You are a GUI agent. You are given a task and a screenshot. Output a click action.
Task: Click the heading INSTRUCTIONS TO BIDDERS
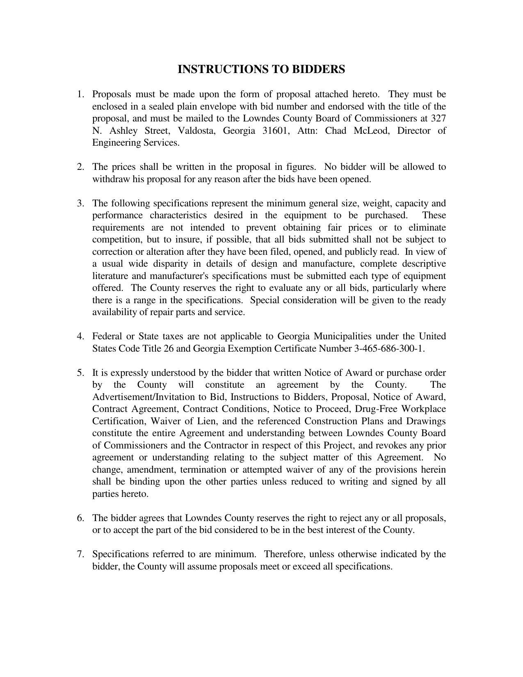(x=261, y=69)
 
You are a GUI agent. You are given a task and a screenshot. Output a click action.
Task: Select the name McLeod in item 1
(x=371, y=131)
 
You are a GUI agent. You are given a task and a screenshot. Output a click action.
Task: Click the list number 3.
(x=80, y=204)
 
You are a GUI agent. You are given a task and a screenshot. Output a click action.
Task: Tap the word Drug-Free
(x=376, y=409)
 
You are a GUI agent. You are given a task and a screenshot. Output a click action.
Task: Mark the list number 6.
(x=80, y=518)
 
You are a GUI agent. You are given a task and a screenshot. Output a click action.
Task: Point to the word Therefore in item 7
(x=283, y=554)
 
